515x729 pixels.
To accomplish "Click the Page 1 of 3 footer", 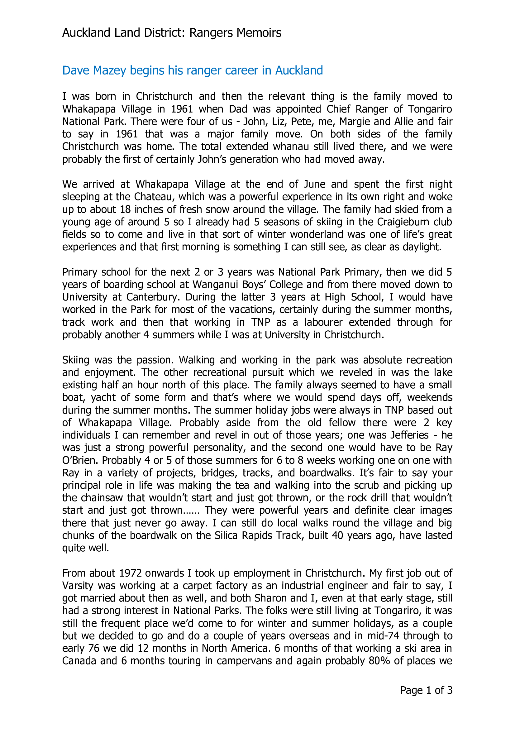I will (x=426, y=690).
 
